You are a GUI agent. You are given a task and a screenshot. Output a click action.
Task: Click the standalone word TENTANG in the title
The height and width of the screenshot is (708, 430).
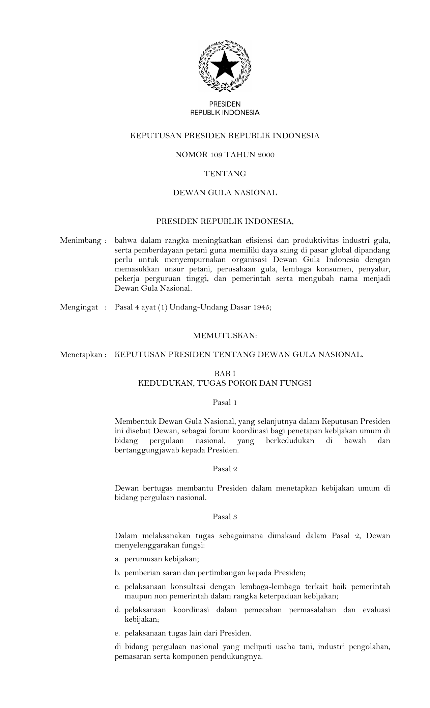click(225, 174)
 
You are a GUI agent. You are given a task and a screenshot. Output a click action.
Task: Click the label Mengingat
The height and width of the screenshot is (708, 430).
click(79, 307)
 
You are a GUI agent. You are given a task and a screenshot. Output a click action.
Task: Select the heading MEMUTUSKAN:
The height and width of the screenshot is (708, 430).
click(225, 336)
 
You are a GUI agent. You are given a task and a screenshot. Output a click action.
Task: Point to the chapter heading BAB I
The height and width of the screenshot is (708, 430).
click(225, 374)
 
